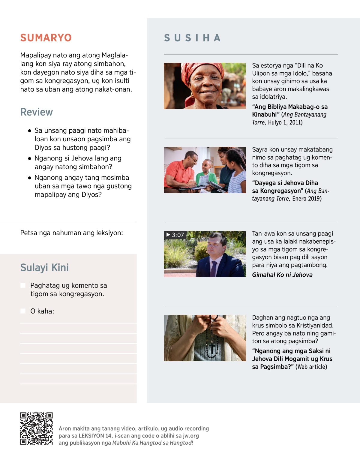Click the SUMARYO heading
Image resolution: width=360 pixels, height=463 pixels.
[x=46, y=38]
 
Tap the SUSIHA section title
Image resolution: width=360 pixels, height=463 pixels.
[x=192, y=38]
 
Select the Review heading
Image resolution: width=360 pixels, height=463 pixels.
[x=36, y=112]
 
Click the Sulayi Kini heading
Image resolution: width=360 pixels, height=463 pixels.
[x=44, y=267]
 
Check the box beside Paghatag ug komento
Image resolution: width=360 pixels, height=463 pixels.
[x=23, y=285]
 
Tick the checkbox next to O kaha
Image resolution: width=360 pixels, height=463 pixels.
[x=23, y=311]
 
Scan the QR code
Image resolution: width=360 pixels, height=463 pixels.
[x=36, y=428]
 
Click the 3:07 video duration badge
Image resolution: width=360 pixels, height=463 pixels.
[x=175, y=235]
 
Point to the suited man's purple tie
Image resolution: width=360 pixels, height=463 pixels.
[x=213, y=269]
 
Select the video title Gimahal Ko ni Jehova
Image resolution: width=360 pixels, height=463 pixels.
[x=282, y=275]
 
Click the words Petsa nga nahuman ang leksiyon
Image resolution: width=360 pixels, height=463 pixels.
[x=71, y=233]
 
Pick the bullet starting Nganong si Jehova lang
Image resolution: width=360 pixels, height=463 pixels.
[x=78, y=162]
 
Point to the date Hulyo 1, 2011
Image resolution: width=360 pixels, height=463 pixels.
[x=285, y=122]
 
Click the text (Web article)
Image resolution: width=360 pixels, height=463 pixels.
[x=311, y=367]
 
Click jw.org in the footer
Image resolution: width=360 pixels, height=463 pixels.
[x=191, y=436]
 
